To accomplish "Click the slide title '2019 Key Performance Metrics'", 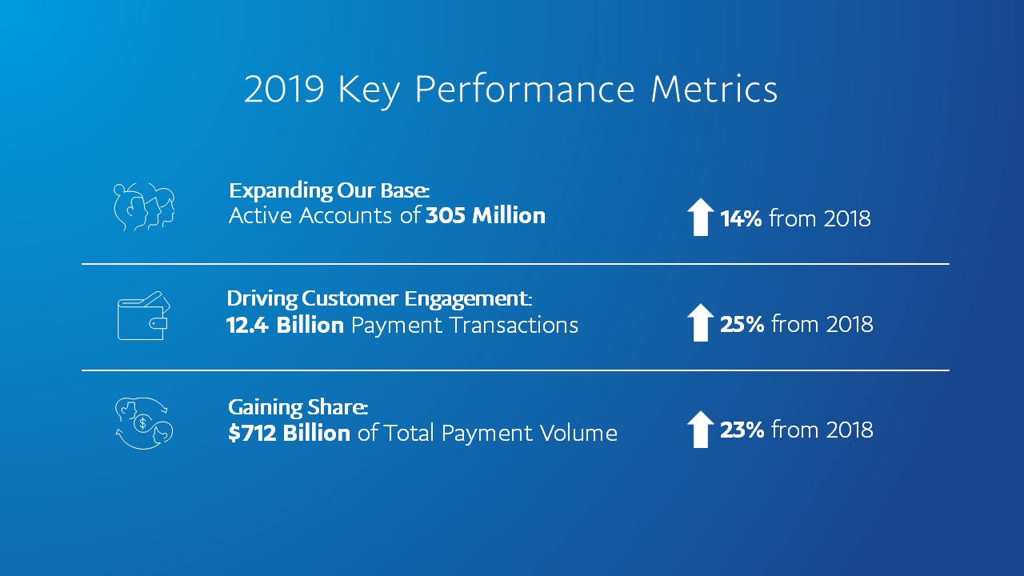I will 510,90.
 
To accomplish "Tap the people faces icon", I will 143,207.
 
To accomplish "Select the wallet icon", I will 143,316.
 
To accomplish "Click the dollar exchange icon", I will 143,423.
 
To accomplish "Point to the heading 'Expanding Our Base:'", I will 329,191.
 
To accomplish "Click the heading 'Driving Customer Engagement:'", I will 378,299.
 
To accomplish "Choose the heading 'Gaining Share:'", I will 298,407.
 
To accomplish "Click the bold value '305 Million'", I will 485,216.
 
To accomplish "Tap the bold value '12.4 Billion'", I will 285,325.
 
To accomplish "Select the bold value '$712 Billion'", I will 289,433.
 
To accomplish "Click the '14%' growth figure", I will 741,218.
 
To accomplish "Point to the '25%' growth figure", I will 742,324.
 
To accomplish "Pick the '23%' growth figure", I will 742,430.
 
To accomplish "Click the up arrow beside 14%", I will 701,218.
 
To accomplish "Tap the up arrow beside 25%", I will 701,322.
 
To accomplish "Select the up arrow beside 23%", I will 701,430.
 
